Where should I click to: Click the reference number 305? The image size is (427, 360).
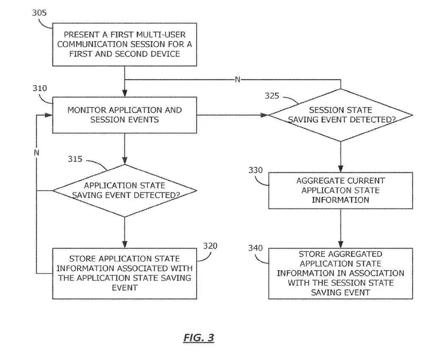pyautogui.click(x=39, y=12)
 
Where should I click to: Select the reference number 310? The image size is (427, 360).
pyautogui.click(x=40, y=89)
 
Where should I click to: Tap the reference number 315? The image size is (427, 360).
pyautogui.click(x=75, y=159)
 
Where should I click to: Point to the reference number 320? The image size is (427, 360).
pyautogui.click(x=211, y=246)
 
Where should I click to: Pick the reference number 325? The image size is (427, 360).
pyautogui.click(x=272, y=96)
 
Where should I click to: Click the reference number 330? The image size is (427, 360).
pyautogui.click(x=255, y=170)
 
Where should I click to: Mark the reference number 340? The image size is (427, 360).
pyautogui.click(x=255, y=248)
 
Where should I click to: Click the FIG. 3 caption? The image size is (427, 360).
pyautogui.click(x=199, y=338)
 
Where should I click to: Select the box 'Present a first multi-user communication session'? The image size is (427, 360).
pyautogui.click(x=125, y=44)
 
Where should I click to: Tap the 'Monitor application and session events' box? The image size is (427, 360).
pyautogui.click(x=125, y=115)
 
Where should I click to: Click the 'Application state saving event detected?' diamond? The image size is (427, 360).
pyautogui.click(x=125, y=190)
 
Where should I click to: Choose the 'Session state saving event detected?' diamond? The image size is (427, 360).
pyautogui.click(x=341, y=115)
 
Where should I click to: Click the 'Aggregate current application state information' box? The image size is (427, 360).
pyautogui.click(x=341, y=190)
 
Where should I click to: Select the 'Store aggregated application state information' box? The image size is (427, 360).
pyautogui.click(x=341, y=273)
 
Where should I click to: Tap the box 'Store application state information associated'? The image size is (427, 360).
pyautogui.click(x=125, y=273)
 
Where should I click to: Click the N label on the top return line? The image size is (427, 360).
pyautogui.click(x=237, y=79)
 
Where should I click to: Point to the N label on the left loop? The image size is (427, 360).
pyautogui.click(x=36, y=152)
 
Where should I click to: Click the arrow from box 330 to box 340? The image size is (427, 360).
pyautogui.click(x=341, y=228)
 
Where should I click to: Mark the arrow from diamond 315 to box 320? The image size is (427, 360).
pyautogui.click(x=125, y=233)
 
